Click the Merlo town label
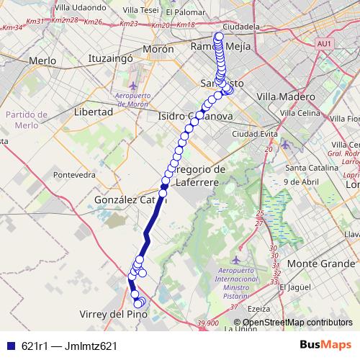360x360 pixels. pos(42,61)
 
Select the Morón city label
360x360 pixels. pos(158,50)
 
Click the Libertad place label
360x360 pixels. pos(93,112)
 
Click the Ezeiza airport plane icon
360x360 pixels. pos(238,259)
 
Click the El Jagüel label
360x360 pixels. pos(294,287)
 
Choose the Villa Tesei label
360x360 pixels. pos(140,10)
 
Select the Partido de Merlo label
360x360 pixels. pos(26,120)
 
